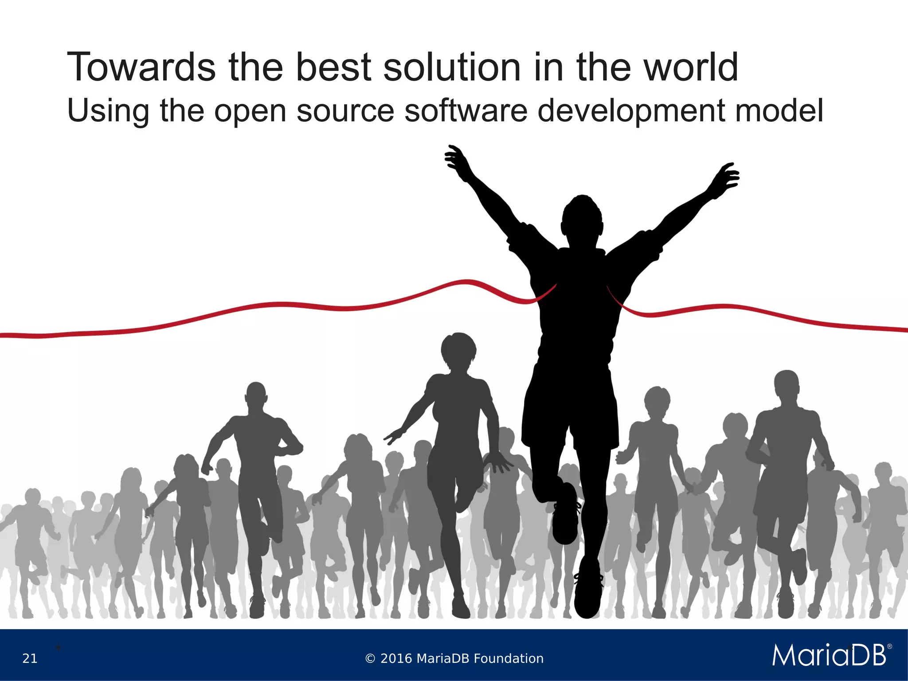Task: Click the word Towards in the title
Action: [141, 67]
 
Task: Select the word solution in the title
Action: [452, 67]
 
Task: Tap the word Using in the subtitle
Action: [108, 111]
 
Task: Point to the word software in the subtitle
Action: [466, 110]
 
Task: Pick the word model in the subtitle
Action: [779, 110]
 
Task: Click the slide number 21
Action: [30, 658]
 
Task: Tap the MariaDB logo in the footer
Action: [829, 655]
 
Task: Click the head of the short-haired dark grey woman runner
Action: [459, 350]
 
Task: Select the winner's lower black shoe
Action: [587, 592]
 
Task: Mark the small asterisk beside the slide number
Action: [58, 649]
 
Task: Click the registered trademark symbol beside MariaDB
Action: [889, 647]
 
